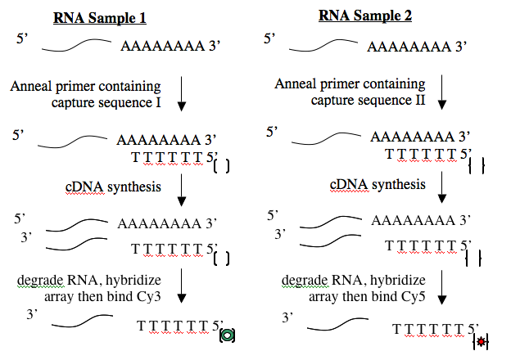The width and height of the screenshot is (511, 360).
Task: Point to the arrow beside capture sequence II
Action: pos(442,92)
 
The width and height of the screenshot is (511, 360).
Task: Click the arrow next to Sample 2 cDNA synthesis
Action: pos(442,187)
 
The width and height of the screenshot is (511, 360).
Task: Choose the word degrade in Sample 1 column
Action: pos(40,281)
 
